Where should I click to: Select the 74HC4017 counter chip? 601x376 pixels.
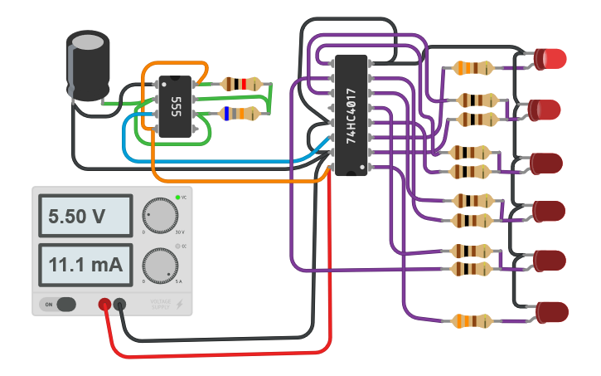[351, 115]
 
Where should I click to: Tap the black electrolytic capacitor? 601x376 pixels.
[88, 66]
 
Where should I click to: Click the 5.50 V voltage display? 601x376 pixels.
[82, 217]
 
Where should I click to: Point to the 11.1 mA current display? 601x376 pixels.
[82, 266]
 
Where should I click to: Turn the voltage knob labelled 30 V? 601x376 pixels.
[159, 215]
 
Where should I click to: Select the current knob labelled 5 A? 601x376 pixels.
[159, 266]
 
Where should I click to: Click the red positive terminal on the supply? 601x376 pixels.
[105, 305]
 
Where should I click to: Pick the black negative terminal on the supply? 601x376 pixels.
[120, 305]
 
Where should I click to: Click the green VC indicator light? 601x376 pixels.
[177, 198]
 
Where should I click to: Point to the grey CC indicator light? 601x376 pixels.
[177, 247]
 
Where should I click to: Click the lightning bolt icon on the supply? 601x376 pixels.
[180, 305]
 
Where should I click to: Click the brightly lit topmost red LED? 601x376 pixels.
[550, 58]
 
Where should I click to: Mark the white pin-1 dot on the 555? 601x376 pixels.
[163, 84]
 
